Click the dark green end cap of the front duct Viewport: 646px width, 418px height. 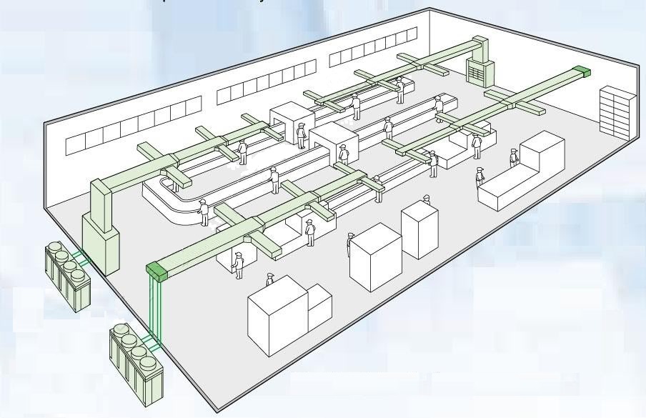coord(158,270)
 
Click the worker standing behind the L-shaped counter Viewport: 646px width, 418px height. coord(514,158)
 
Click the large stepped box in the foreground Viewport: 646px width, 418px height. coord(286,314)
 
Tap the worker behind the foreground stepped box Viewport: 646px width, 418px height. coord(269,279)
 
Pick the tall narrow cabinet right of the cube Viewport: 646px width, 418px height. coord(419,231)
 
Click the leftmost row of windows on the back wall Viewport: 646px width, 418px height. coord(132,126)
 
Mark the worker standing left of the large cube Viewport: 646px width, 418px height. coord(349,243)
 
